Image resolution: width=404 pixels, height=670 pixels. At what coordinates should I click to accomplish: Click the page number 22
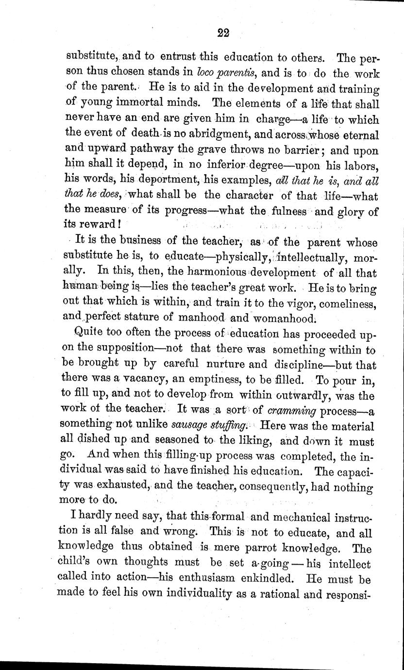point(223,33)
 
